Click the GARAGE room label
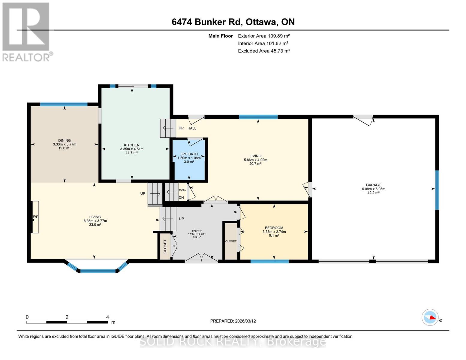(x=373, y=185)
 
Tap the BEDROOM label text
(x=274, y=228)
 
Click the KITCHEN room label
(x=132, y=145)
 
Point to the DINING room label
(x=65, y=140)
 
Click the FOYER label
(x=197, y=231)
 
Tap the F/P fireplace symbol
(x=35, y=217)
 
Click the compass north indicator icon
(x=430, y=317)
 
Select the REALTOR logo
(x=26, y=31)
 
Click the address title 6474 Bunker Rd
(x=233, y=22)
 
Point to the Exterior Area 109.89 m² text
(x=264, y=36)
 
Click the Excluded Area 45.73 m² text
(x=264, y=51)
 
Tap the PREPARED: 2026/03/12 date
(x=233, y=321)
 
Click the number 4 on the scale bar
(x=107, y=317)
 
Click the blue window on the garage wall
(x=437, y=190)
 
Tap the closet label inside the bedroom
(x=231, y=241)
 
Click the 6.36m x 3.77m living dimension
(x=95, y=221)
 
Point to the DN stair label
(x=181, y=198)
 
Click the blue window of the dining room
(x=64, y=104)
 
